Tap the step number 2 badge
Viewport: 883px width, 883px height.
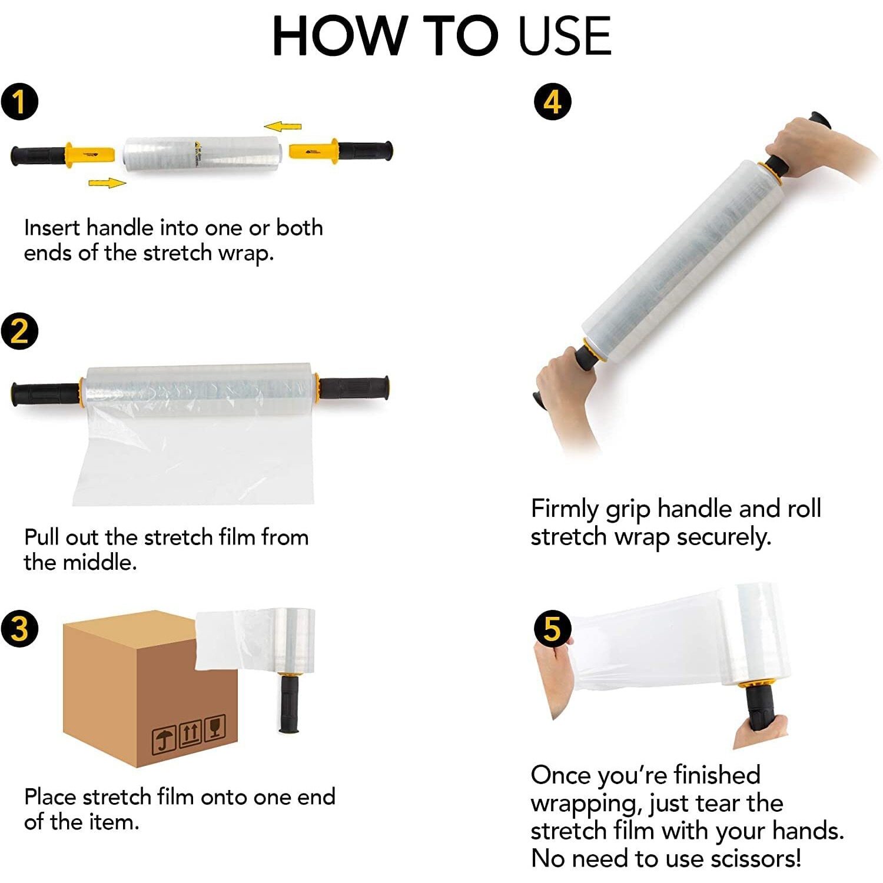tap(19, 331)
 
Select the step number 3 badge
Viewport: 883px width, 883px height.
tap(19, 628)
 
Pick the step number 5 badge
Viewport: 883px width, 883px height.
tap(552, 628)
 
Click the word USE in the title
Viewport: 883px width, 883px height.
tap(565, 36)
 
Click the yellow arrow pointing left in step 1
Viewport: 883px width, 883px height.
tap(283, 126)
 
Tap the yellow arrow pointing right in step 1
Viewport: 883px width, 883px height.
tap(107, 183)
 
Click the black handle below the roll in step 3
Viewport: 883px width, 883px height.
tap(288, 703)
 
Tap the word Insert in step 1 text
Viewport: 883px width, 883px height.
tap(51, 227)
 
